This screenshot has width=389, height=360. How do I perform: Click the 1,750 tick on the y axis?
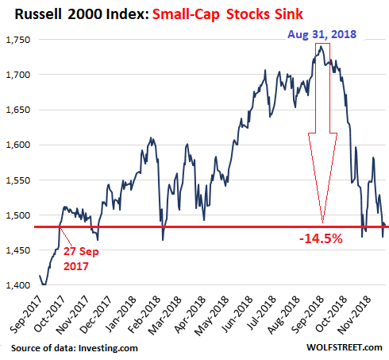click(x=18, y=40)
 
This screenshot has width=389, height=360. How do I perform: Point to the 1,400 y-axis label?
click(x=18, y=285)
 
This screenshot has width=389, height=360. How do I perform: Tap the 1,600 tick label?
click(x=18, y=145)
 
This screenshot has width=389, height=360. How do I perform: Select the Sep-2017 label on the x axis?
click(x=26, y=315)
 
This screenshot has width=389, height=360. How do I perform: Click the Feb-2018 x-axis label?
click(x=144, y=315)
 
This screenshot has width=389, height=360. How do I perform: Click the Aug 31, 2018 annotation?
click(x=322, y=34)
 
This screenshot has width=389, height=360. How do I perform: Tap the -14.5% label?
click(x=321, y=238)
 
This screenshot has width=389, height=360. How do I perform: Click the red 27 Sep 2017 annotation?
click(x=81, y=258)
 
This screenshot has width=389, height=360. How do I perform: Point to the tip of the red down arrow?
click(x=322, y=223)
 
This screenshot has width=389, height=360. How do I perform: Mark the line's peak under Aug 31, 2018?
click(x=321, y=46)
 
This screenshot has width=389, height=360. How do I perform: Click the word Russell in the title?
click(x=38, y=14)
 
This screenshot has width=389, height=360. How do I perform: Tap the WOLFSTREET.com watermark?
click(x=345, y=347)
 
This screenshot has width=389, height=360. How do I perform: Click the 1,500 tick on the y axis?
click(x=18, y=215)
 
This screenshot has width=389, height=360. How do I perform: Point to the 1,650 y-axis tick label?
click(x=18, y=110)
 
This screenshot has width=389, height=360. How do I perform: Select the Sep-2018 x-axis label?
click(x=307, y=315)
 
